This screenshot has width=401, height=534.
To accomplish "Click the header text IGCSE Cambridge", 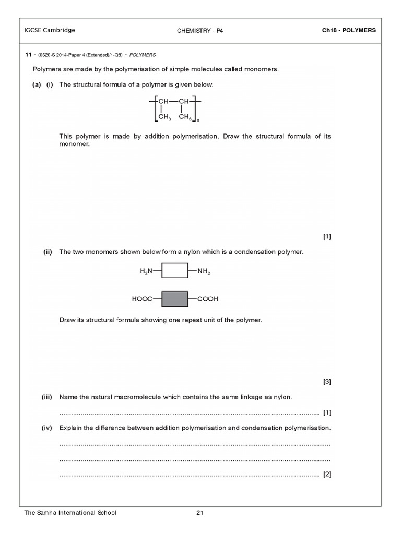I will (x=50, y=30).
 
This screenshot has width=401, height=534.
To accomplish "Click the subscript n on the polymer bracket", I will (x=198, y=121).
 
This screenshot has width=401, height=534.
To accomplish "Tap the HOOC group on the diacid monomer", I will (x=145, y=299).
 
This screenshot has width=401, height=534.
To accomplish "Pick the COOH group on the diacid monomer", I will (x=207, y=299).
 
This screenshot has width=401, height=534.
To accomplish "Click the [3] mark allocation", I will (x=327, y=382).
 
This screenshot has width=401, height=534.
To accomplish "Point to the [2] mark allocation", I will (x=327, y=474).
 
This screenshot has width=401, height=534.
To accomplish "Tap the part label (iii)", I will (x=49, y=397).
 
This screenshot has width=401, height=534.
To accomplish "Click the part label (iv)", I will (x=49, y=428).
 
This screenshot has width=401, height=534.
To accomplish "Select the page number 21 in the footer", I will (x=199, y=513).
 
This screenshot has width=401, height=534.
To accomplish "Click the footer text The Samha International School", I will (x=70, y=513).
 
